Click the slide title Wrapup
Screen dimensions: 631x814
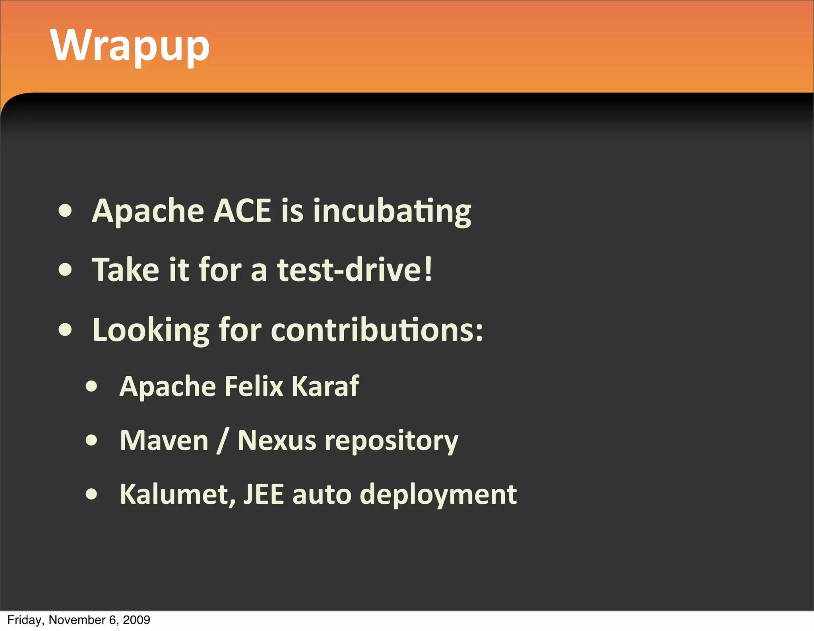coord(130,46)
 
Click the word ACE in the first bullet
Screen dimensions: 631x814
coord(242,211)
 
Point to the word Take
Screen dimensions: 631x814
coord(126,270)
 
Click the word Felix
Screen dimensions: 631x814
coord(254,386)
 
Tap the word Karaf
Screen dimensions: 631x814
coord(325,386)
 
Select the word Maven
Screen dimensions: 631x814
coord(164,441)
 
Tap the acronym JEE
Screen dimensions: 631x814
coord(264,495)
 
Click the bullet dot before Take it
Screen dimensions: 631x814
coord(65,270)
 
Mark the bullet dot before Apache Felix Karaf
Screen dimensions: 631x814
coord(92,386)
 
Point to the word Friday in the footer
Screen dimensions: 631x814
coord(23,620)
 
